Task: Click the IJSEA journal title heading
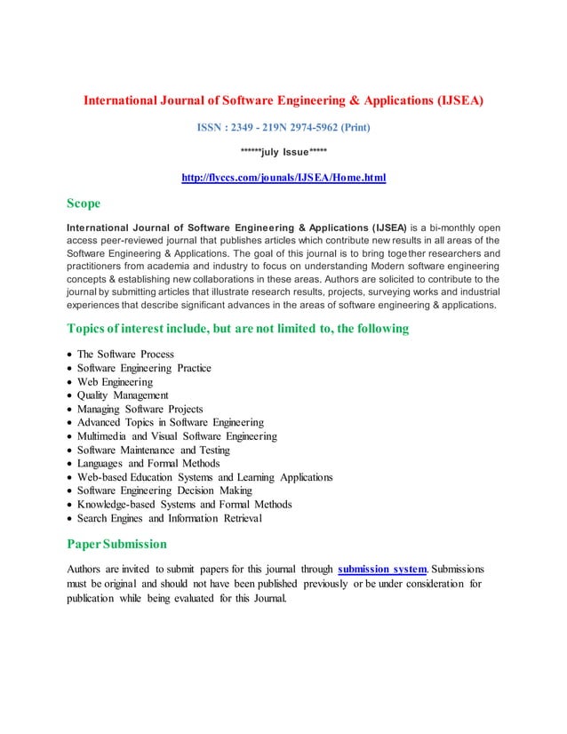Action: (283, 100)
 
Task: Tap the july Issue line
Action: (283, 152)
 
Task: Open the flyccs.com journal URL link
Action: (283, 178)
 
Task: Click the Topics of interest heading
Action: (238, 329)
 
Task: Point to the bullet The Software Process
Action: (125, 355)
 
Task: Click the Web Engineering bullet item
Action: (115, 382)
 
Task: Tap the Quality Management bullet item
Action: (123, 395)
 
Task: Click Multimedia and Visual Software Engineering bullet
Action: (177, 436)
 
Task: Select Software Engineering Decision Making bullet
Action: (164, 491)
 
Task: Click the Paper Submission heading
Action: (116, 543)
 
